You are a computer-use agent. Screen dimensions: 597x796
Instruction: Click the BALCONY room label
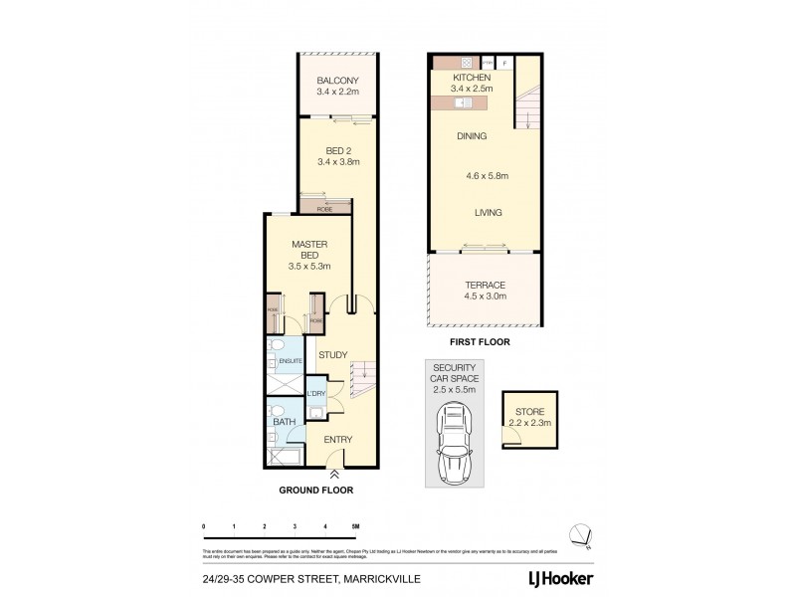tap(336, 81)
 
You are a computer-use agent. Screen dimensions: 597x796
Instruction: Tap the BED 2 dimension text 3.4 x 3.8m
tap(337, 161)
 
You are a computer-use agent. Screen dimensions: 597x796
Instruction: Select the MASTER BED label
tap(309, 250)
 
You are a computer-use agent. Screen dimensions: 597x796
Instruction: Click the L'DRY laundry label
tap(316, 395)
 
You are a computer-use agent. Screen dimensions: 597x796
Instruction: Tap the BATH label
tap(282, 423)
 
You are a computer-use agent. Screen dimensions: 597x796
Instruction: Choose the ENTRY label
tap(338, 439)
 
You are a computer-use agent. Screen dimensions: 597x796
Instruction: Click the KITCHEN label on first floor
tap(472, 78)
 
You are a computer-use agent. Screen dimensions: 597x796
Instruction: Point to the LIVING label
tap(488, 213)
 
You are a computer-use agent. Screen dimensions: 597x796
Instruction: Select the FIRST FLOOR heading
tap(480, 341)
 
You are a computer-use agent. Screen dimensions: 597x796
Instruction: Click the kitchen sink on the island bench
tap(463, 101)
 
